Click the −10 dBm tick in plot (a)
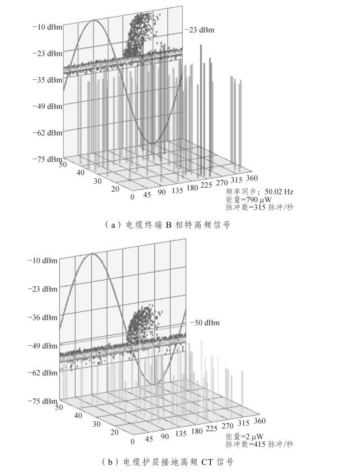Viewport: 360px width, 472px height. (46, 27)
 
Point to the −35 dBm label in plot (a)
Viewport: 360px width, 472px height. (46, 80)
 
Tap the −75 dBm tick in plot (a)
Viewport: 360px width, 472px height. (46, 159)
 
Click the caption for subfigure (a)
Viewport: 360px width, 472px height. (167, 225)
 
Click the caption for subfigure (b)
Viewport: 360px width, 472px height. (167, 462)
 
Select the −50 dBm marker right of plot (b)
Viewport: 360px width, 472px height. (204, 323)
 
